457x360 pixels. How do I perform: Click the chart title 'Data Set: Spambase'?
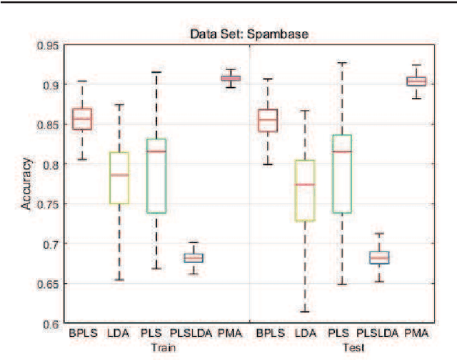pyautogui.click(x=248, y=33)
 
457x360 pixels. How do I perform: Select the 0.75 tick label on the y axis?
pyautogui.click(x=48, y=204)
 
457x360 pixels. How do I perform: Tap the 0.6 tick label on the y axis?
pyautogui.click(x=51, y=324)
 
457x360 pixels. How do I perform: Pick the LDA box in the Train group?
pyautogui.click(x=119, y=178)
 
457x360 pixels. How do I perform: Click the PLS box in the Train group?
pyautogui.click(x=156, y=176)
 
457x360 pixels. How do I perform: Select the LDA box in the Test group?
pyautogui.click(x=305, y=191)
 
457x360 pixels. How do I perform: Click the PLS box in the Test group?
pyautogui.click(x=342, y=174)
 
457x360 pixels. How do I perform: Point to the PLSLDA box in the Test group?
pyautogui.click(x=379, y=258)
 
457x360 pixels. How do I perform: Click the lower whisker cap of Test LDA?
pyautogui.click(x=305, y=311)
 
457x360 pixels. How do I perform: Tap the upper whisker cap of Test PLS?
pyautogui.click(x=342, y=63)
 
